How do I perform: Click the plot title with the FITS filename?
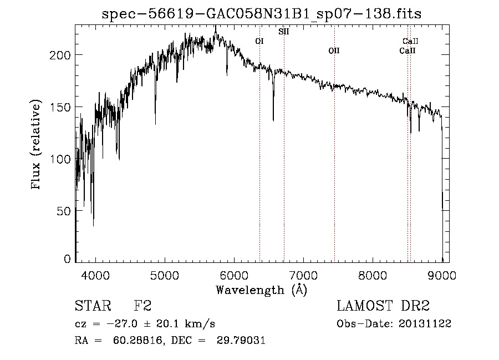261,14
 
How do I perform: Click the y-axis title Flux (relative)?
37,145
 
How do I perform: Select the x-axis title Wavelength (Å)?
261,290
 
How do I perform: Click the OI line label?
259,41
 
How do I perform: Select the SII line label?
283,32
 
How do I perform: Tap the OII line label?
334,50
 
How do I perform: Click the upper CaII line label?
410,41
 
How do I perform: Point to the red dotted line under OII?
334,166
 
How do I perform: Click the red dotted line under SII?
284,166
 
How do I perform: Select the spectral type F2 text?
142,306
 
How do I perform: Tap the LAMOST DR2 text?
383,306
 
